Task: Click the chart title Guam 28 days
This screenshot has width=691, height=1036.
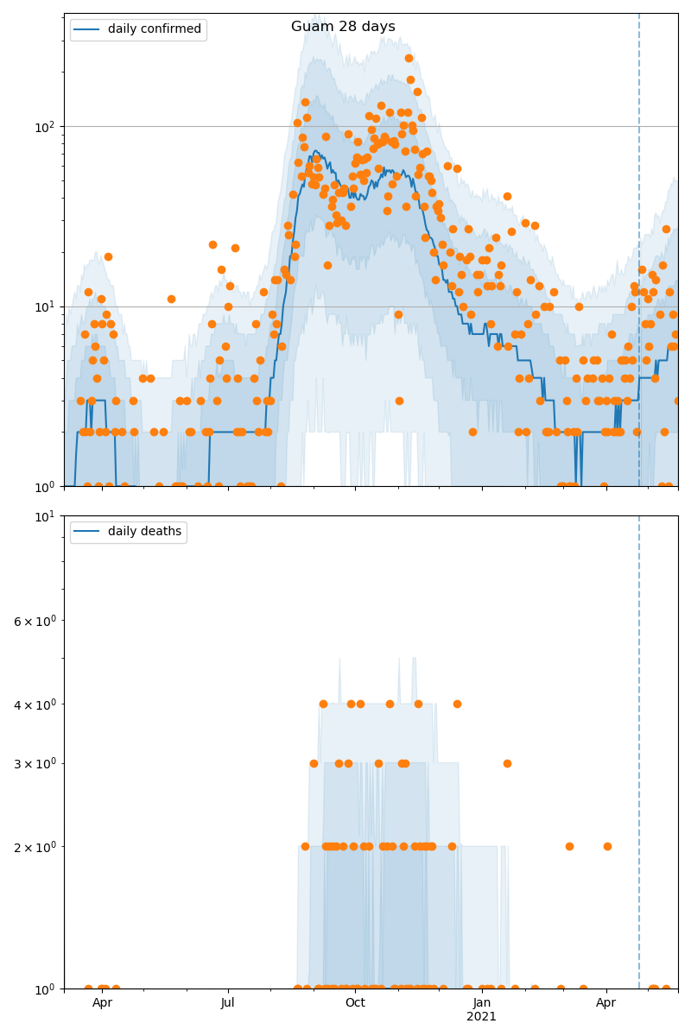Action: pyautogui.click(x=343, y=27)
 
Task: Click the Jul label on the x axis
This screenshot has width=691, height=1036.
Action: pyautogui.click(x=228, y=1003)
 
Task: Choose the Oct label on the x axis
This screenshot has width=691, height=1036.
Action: pyautogui.click(x=355, y=1003)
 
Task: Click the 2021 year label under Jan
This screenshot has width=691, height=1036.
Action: pyautogui.click(x=481, y=1017)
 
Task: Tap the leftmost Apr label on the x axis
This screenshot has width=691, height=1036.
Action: pyautogui.click(x=103, y=1003)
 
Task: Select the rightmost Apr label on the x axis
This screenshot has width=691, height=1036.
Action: pyautogui.click(x=606, y=1003)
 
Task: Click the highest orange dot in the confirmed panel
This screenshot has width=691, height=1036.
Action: pyautogui.click(x=409, y=59)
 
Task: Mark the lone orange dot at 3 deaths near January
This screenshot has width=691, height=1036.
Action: pyautogui.click(x=507, y=763)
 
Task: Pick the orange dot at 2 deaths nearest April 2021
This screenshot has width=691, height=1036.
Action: pyautogui.click(x=607, y=846)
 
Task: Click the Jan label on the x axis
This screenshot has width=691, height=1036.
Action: pyautogui.click(x=481, y=1003)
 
